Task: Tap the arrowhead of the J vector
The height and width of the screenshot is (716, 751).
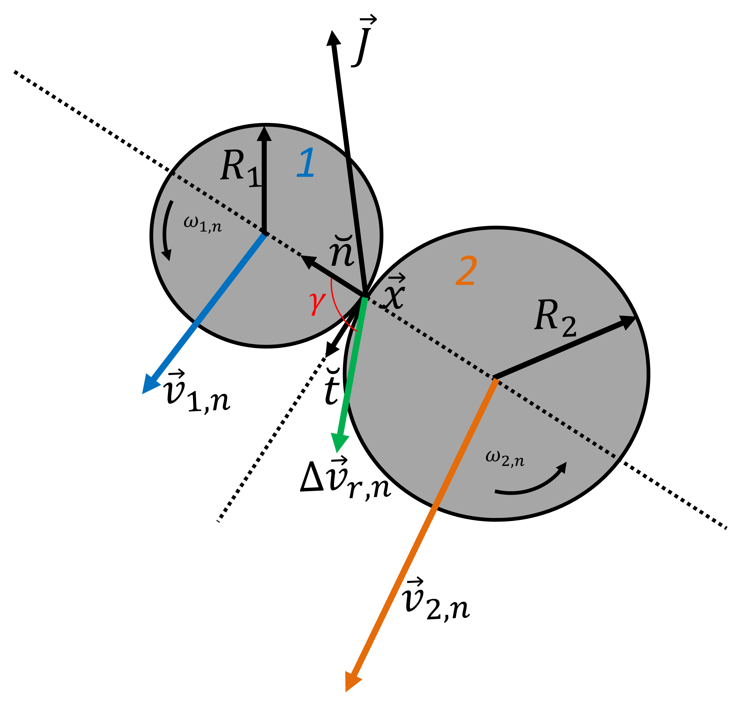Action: tap(334, 38)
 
